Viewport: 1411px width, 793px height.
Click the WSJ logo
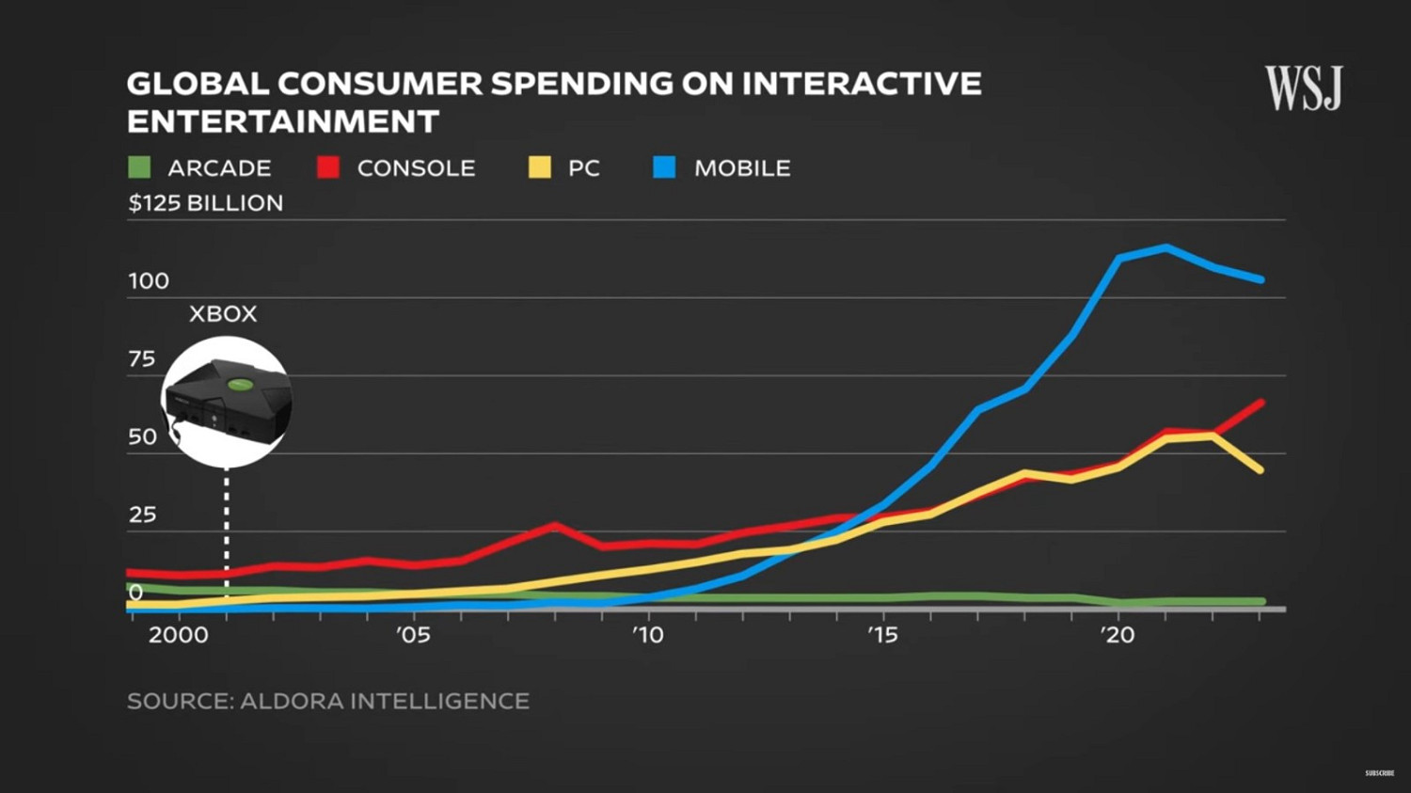pyautogui.click(x=1303, y=88)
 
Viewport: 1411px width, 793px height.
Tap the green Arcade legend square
pyautogui.click(x=139, y=167)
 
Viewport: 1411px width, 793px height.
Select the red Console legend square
pyautogui.click(x=328, y=167)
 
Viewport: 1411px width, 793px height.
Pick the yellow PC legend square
pyautogui.click(x=539, y=167)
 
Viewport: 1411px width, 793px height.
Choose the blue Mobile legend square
pyautogui.click(x=664, y=167)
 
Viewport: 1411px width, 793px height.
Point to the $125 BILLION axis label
pyautogui.click(x=205, y=203)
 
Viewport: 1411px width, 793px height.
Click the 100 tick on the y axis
pyautogui.click(x=149, y=281)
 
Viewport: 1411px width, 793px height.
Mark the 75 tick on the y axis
pyautogui.click(x=142, y=358)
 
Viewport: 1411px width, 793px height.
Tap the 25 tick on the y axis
pyautogui.click(x=142, y=515)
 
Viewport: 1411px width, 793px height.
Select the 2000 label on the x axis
pyautogui.click(x=178, y=635)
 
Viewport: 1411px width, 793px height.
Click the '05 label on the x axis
pyautogui.click(x=413, y=635)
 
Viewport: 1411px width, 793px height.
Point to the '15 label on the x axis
pyautogui.click(x=882, y=635)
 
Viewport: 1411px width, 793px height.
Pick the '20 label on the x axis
pyautogui.click(x=1118, y=635)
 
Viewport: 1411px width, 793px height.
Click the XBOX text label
pyautogui.click(x=223, y=314)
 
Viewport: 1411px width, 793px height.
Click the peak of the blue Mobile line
pyautogui.click(x=1166, y=248)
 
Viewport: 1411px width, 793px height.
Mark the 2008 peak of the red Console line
pyautogui.click(x=555, y=525)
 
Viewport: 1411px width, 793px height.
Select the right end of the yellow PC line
pyautogui.click(x=1260, y=469)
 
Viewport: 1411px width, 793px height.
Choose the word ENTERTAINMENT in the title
pyautogui.click(x=283, y=121)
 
